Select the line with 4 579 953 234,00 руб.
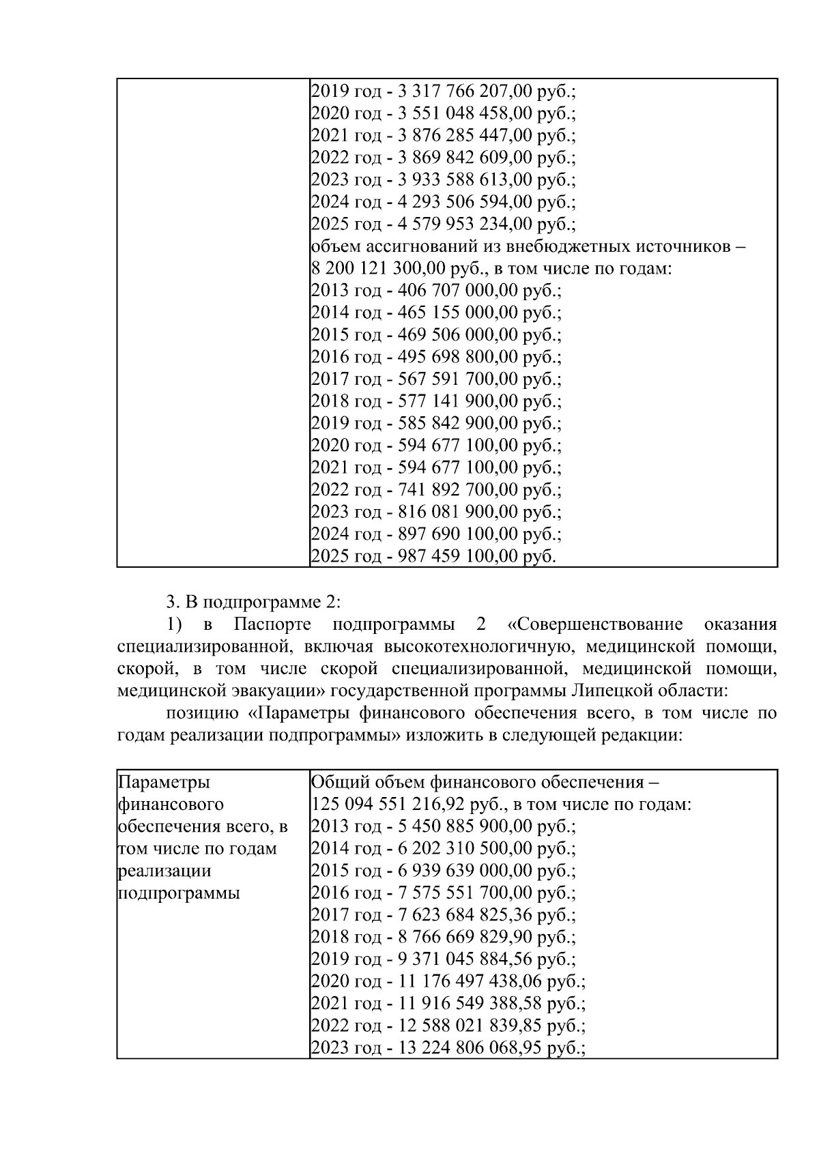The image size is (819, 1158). point(444,224)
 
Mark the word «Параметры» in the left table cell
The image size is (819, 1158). point(164,782)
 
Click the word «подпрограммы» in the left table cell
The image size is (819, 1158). point(179,893)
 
